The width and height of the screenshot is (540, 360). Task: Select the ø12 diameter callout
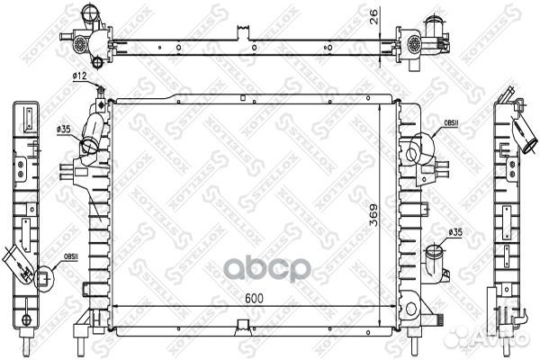pos(79,78)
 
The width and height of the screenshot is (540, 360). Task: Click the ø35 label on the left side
pos(65,130)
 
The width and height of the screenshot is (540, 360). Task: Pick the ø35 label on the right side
pos(455,232)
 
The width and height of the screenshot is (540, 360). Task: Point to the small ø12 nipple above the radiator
pos(101,94)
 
